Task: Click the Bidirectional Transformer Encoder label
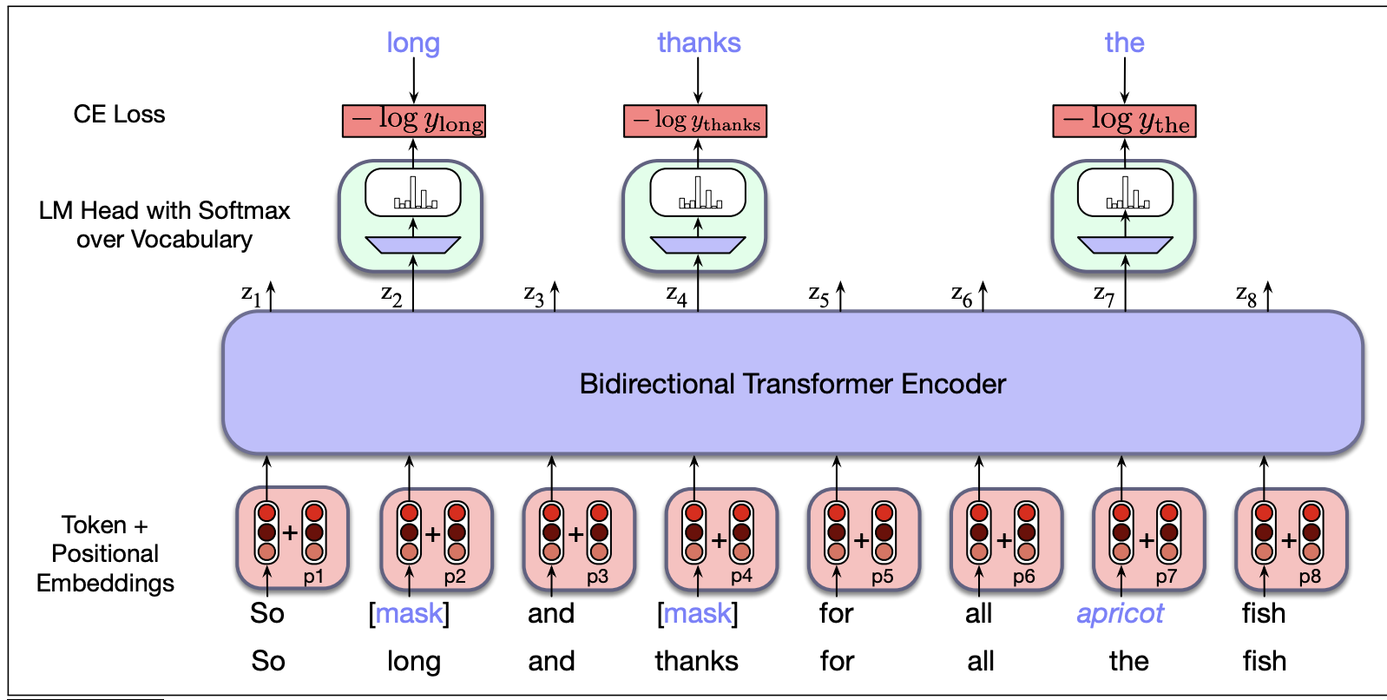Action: click(x=792, y=384)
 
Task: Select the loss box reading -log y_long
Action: click(x=413, y=122)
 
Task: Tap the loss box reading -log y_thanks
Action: click(x=695, y=122)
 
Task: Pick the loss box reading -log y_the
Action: click(x=1124, y=122)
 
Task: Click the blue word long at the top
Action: click(x=413, y=43)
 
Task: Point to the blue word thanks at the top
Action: click(x=699, y=43)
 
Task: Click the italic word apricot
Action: click(x=1120, y=613)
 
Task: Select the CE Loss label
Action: click(x=119, y=115)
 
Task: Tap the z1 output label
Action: click(x=251, y=295)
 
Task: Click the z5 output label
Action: click(x=818, y=295)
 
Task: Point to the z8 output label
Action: click(x=1246, y=295)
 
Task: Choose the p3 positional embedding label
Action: click(x=597, y=577)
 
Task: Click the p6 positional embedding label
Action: click(x=1024, y=577)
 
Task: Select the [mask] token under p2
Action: click(x=409, y=613)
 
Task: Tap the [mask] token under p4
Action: click(x=698, y=613)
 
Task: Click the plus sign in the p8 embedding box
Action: click(x=1288, y=540)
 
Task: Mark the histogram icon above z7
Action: click(x=1126, y=194)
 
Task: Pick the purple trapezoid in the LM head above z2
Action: click(x=413, y=245)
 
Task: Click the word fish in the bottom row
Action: click(x=1264, y=661)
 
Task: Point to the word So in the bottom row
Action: click(x=268, y=661)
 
